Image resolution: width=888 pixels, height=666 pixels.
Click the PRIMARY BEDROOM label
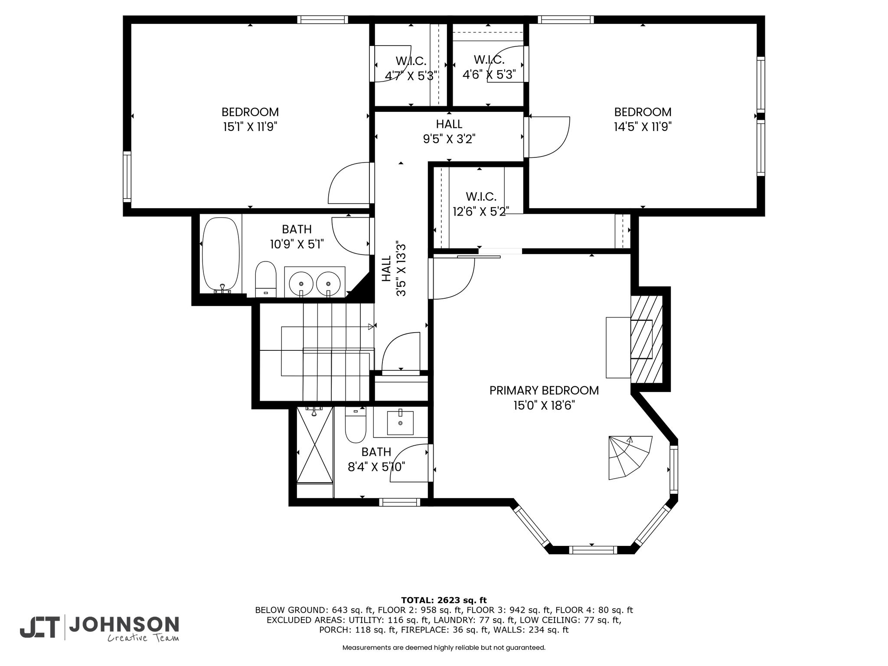click(544, 390)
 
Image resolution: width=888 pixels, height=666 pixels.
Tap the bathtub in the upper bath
click(221, 254)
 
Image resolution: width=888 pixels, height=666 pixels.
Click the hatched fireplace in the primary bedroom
click(646, 339)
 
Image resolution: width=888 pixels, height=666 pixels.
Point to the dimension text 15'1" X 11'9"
click(250, 127)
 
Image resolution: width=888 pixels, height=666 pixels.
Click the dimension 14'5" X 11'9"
click(643, 127)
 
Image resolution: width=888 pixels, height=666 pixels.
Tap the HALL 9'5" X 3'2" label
click(449, 131)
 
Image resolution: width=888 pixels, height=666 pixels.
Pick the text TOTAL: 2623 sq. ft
click(444, 601)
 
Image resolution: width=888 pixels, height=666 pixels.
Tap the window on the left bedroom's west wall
click(127, 176)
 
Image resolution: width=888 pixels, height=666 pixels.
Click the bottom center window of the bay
click(592, 550)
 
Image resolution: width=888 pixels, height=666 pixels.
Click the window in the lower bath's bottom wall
click(400, 502)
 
